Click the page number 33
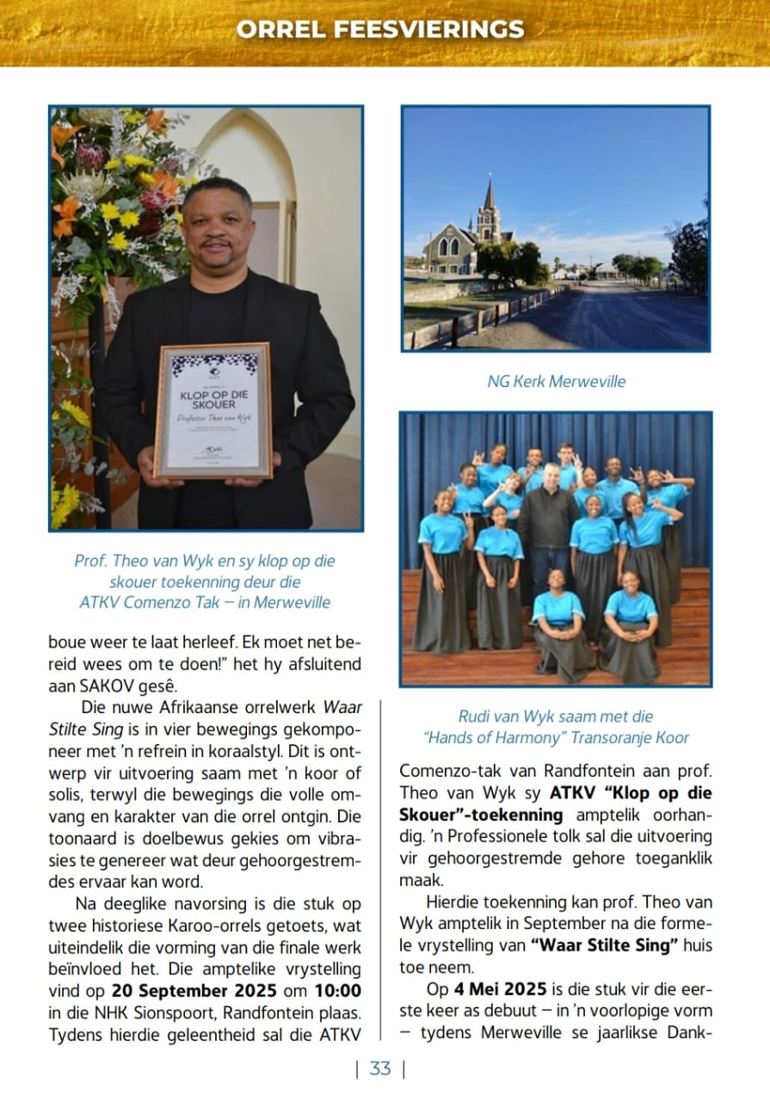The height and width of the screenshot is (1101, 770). coord(380,1068)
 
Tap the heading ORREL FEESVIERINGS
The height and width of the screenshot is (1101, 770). coord(380,29)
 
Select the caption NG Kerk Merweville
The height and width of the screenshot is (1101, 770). coord(556,381)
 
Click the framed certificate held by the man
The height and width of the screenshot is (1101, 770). coord(214,410)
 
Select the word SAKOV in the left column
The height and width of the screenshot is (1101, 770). coord(95,686)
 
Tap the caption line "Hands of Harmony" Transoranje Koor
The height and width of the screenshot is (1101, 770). coord(556,737)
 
